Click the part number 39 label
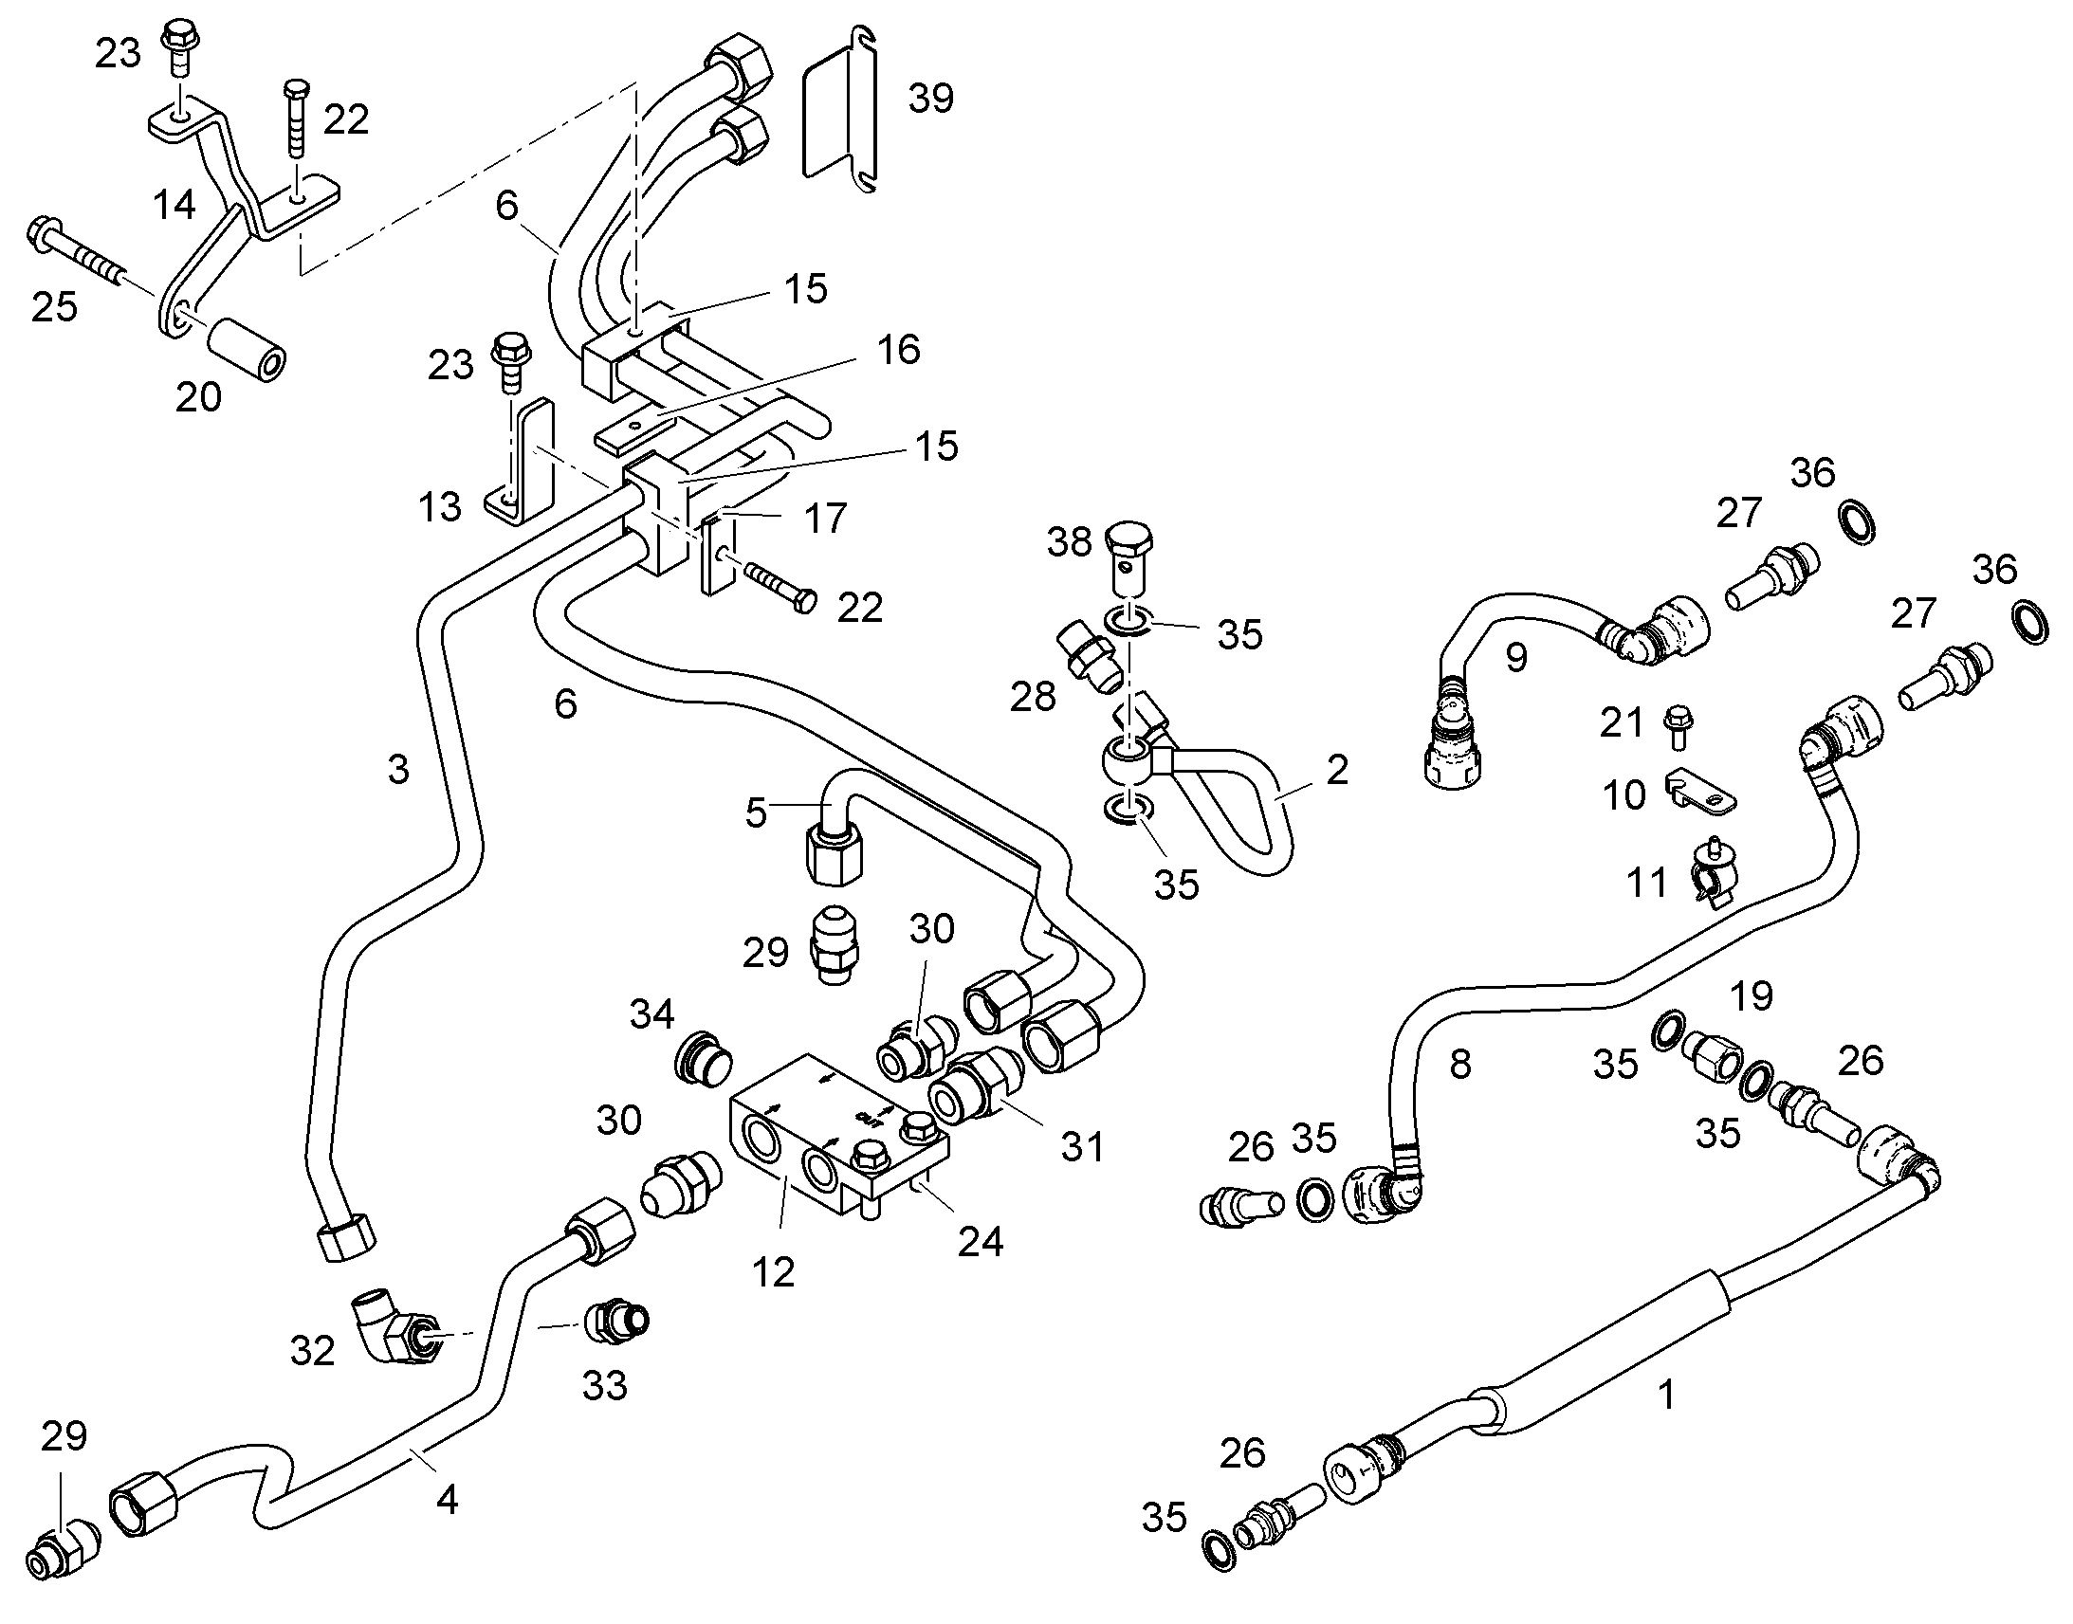coord(930,98)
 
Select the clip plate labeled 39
coord(841,112)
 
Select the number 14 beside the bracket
coord(174,204)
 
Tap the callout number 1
coord(1665,1394)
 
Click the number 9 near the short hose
coord(1515,657)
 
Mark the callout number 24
coord(980,1240)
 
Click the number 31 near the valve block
coord(1082,1147)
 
